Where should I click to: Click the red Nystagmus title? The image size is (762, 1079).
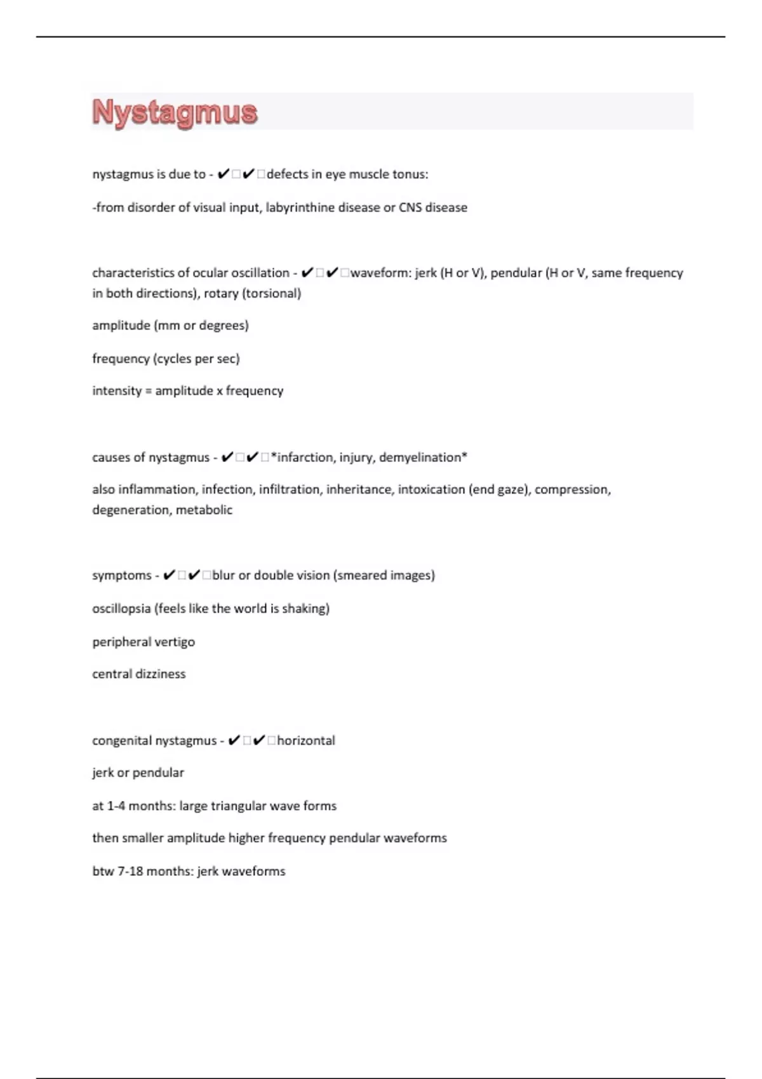click(x=175, y=112)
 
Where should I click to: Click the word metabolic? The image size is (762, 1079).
click(x=204, y=510)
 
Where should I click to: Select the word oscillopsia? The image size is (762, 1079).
click(x=121, y=609)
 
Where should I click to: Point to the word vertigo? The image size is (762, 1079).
click(x=174, y=642)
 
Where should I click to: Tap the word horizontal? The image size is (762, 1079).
click(x=306, y=741)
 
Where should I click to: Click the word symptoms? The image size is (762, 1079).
click(x=122, y=576)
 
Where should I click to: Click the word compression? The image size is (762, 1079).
click(x=572, y=489)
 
